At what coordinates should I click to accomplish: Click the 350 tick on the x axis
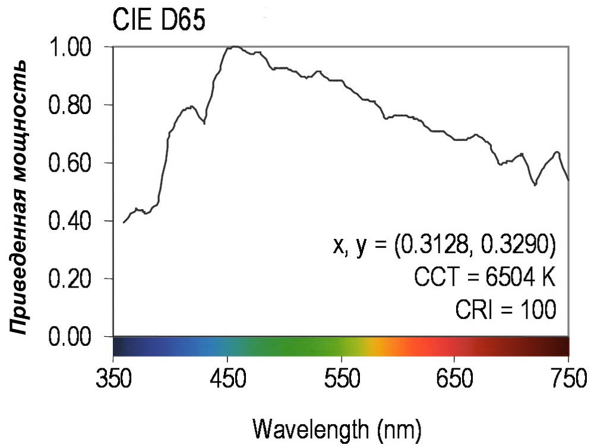[x=113, y=377]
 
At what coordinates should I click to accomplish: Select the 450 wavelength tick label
[x=227, y=377]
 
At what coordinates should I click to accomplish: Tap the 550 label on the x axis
[x=342, y=377]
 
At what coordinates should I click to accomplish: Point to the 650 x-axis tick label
[x=455, y=377]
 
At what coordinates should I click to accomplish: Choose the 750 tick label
[x=567, y=377]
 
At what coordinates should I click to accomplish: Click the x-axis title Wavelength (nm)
[x=339, y=427]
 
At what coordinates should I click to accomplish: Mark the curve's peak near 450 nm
[x=235, y=46]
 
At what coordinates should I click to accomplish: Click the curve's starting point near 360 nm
[x=124, y=222]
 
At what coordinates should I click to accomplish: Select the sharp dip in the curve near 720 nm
[x=536, y=185]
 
